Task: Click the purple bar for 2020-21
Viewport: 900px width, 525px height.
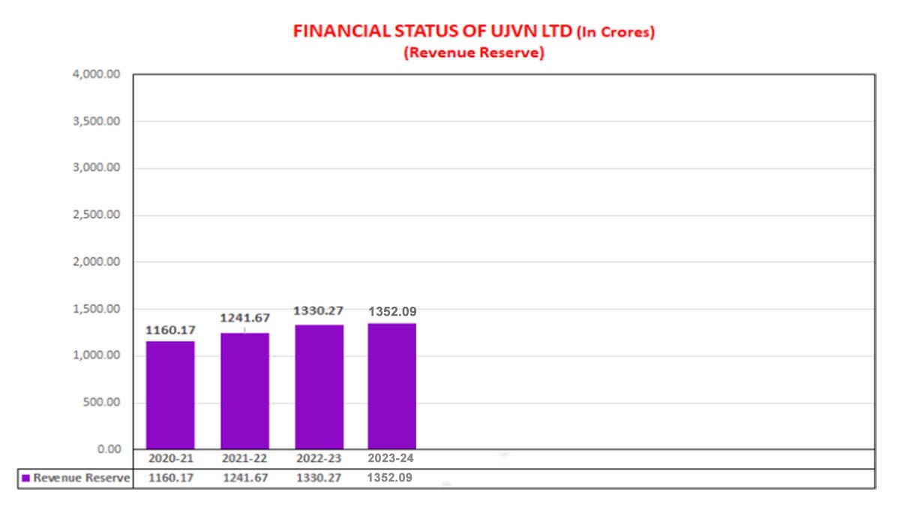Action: (170, 395)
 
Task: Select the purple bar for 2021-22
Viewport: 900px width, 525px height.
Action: (244, 391)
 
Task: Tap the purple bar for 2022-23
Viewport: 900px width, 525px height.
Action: (319, 387)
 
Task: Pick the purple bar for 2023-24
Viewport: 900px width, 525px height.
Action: (391, 386)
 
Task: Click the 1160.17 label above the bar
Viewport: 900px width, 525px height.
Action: (170, 329)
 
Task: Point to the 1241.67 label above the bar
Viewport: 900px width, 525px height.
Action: (244, 318)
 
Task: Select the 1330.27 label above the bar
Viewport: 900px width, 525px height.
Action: (319, 310)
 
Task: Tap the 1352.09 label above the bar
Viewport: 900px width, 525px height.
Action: (392, 311)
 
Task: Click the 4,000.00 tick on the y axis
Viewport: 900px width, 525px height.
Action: (97, 74)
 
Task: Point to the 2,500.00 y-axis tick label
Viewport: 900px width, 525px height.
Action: (97, 215)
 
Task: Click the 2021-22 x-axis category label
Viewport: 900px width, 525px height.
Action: (244, 458)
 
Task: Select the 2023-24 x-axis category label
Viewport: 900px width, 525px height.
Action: (391, 458)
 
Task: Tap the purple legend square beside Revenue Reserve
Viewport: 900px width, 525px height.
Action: (25, 478)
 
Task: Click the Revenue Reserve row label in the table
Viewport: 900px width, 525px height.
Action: (81, 478)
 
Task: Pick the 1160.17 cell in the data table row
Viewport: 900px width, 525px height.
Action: (170, 478)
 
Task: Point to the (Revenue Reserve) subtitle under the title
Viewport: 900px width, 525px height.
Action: (472, 53)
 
